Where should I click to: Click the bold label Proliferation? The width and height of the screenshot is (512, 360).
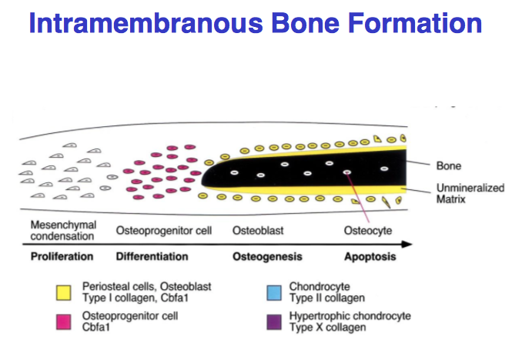(x=62, y=256)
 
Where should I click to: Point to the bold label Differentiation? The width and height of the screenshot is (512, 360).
(x=152, y=256)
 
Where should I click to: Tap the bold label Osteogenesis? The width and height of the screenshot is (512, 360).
(x=267, y=256)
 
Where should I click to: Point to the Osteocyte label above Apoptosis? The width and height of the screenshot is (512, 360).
(x=366, y=231)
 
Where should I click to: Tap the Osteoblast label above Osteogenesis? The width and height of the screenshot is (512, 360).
(x=256, y=231)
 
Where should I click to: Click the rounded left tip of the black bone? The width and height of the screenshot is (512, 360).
(x=205, y=178)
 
